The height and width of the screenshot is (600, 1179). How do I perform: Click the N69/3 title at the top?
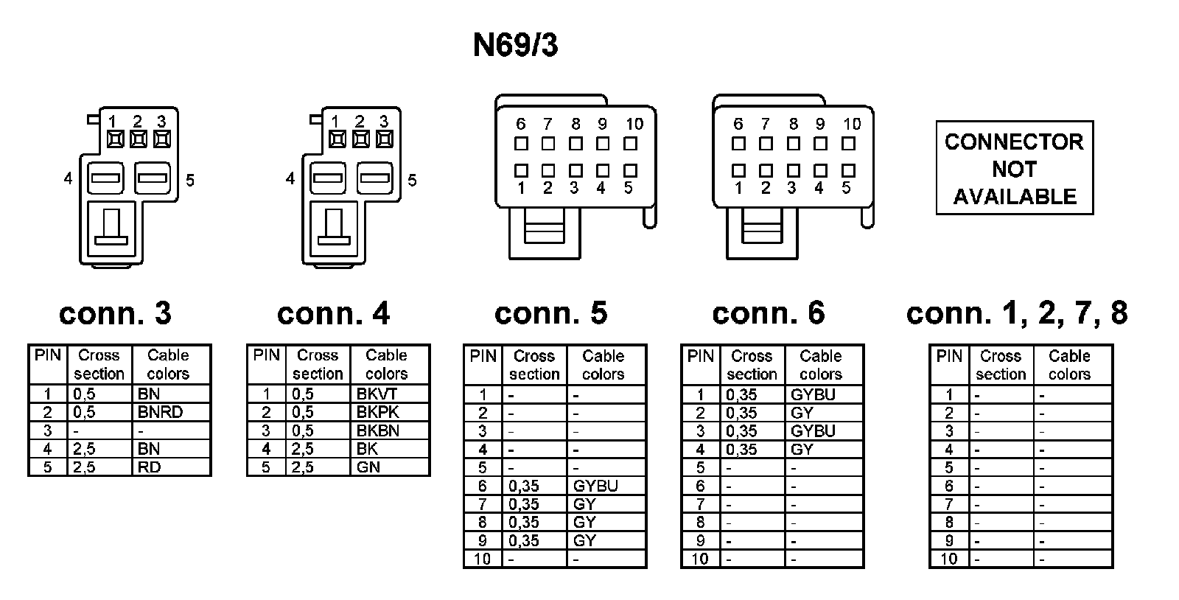[515, 46]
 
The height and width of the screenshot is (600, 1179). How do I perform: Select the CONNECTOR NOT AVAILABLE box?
[1014, 168]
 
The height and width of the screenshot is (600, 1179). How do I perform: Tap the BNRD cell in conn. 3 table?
[160, 412]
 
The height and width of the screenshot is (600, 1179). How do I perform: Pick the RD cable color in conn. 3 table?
[149, 467]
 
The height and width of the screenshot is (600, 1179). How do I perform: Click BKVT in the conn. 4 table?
[377, 394]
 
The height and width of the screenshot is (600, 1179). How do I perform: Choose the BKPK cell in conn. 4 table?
[377, 412]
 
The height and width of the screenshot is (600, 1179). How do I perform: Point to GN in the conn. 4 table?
[368, 467]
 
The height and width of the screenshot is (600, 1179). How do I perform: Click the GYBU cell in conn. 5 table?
[595, 486]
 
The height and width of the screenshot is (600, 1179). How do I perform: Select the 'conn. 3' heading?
[115, 313]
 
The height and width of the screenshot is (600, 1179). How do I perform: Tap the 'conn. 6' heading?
[768, 313]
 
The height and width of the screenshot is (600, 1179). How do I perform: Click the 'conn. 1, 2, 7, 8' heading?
[1016, 313]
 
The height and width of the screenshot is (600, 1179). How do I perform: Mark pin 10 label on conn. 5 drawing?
[634, 125]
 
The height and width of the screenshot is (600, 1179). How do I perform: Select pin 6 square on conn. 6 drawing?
[738, 144]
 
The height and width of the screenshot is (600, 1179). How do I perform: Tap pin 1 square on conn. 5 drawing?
[521, 170]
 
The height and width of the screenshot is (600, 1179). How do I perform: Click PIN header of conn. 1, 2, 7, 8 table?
[949, 357]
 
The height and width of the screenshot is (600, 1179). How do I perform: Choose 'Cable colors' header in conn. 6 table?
[820, 365]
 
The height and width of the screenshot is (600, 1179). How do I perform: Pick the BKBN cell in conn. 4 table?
[377, 430]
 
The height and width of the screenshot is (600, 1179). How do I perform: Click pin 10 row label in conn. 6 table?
[699, 559]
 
